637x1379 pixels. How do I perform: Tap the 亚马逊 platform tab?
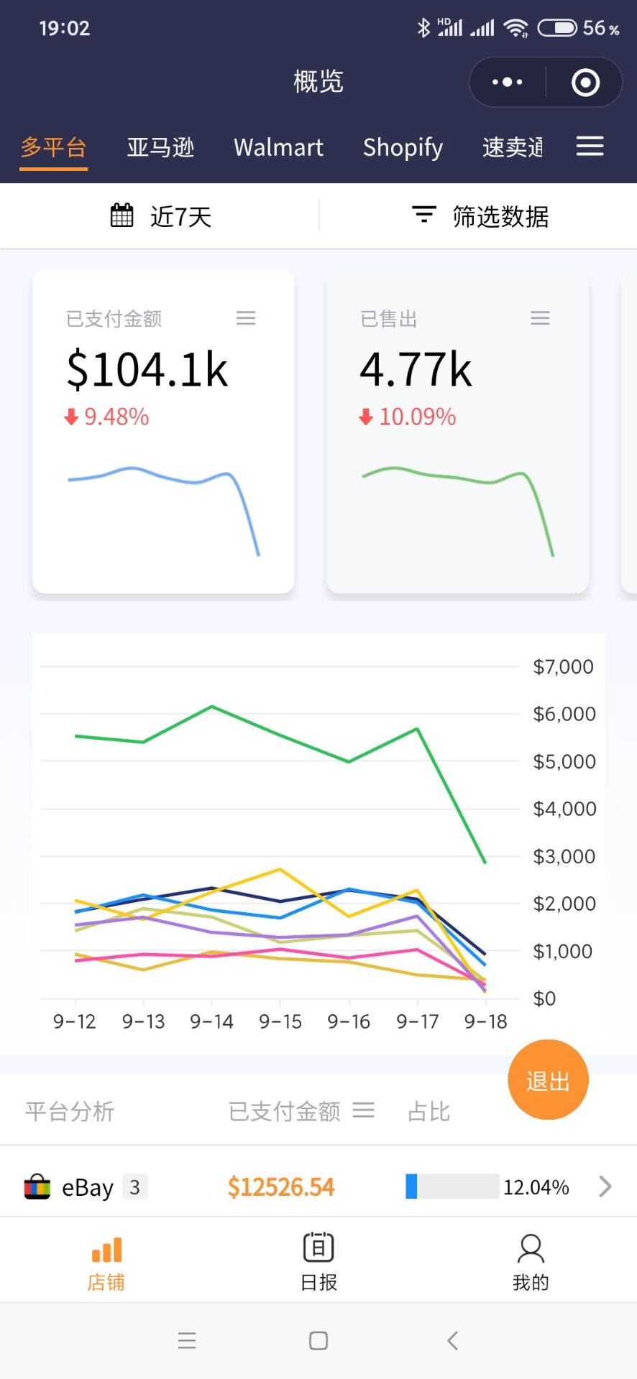160,147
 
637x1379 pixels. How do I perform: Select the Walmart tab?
278,147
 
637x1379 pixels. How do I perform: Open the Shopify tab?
403,147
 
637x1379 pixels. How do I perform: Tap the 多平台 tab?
53,147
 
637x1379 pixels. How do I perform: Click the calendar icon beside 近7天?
122,215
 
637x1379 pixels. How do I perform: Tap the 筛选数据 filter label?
500,216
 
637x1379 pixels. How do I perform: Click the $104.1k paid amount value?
147,370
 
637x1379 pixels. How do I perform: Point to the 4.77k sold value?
416,370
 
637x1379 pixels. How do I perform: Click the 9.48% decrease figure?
116,417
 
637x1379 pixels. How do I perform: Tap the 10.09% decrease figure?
417,417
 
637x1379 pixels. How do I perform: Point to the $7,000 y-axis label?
564,667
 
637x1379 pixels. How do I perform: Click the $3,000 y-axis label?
564,856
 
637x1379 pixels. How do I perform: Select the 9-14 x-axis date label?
211,1021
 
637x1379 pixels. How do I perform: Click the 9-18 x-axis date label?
485,1021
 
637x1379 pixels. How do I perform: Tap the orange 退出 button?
548,1080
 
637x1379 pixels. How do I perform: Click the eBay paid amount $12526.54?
281,1187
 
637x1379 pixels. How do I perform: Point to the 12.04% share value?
536,1187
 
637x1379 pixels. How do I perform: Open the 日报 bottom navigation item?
318,1261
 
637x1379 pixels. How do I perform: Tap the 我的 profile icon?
531,1250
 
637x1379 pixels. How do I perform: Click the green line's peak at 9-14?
211,707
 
